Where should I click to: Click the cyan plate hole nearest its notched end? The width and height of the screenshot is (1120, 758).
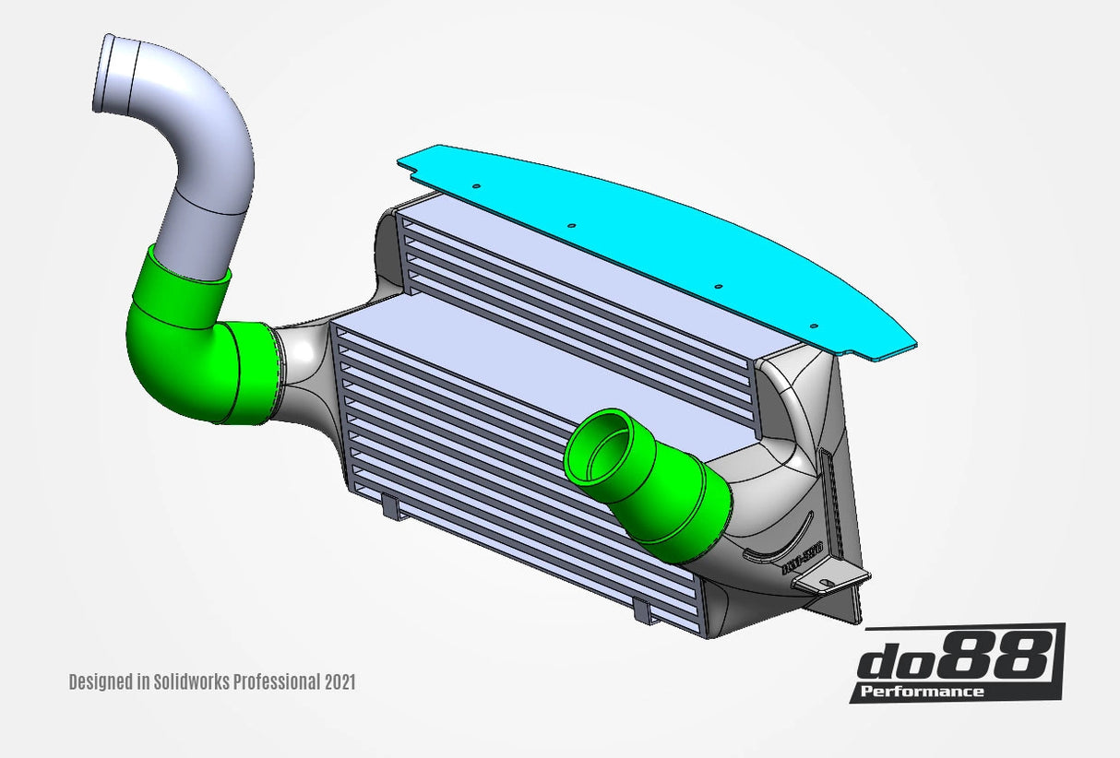[476, 186]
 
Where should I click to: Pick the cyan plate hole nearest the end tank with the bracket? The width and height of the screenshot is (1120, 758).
[814, 326]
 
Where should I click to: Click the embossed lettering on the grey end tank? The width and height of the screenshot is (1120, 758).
[800, 559]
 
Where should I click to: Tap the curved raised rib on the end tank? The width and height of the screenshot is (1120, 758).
[775, 544]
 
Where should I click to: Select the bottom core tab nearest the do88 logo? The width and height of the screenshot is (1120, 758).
[643, 610]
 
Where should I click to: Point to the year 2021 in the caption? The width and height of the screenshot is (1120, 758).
[340, 682]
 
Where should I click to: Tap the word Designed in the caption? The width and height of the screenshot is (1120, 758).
[101, 682]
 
